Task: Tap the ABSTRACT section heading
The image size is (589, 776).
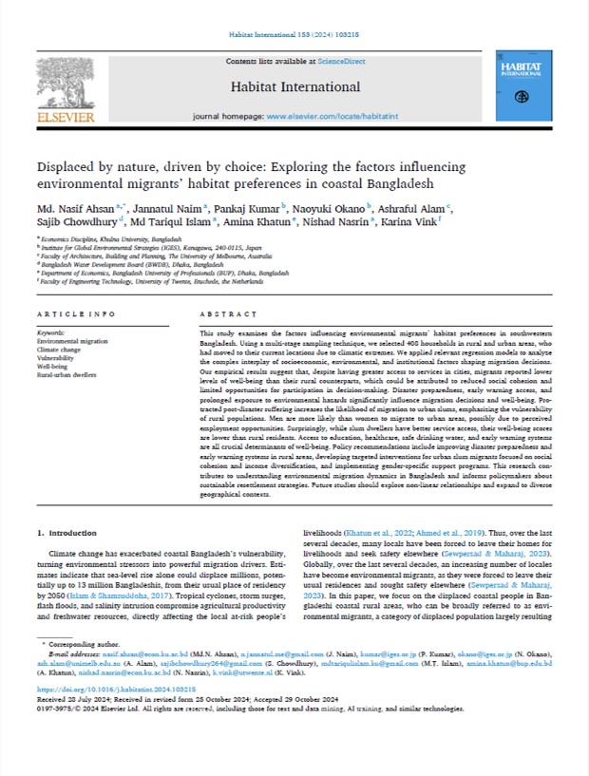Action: click(220, 312)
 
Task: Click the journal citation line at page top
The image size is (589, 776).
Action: click(294, 34)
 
